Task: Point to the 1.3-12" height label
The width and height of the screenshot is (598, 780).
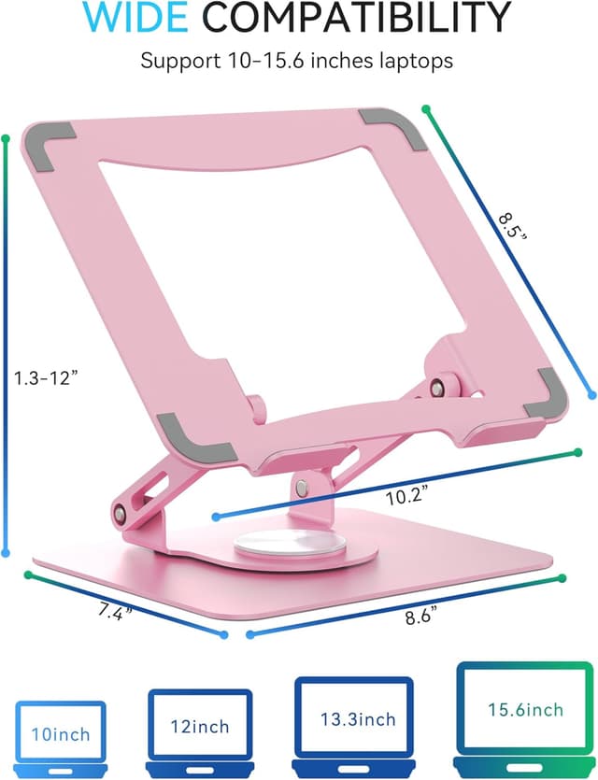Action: (x=45, y=378)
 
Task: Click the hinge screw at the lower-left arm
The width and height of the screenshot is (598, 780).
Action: (x=120, y=513)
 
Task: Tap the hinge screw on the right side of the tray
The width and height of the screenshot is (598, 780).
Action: (x=437, y=386)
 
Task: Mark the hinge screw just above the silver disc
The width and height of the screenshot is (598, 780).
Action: (x=303, y=487)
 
